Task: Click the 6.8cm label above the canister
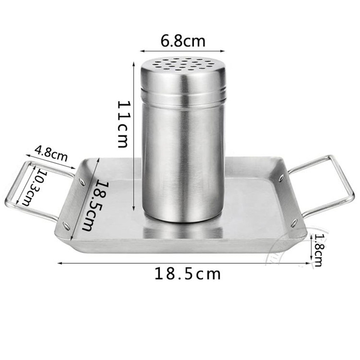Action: tap(183, 41)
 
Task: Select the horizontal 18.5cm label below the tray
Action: tap(188, 273)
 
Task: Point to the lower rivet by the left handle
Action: tap(66, 224)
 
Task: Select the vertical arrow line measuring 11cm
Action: tap(134, 135)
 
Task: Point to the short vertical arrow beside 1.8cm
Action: tap(311, 249)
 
